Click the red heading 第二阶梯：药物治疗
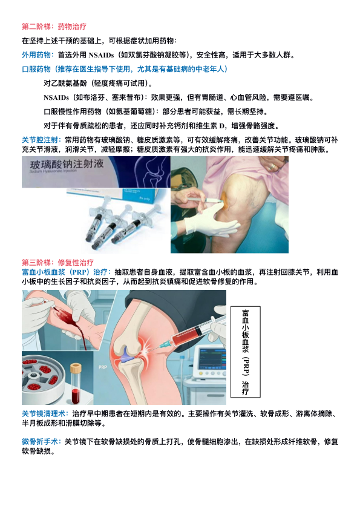[x=54, y=26]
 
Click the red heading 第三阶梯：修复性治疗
[x=57, y=262]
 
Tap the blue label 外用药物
[x=36, y=55]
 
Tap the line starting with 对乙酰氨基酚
[x=98, y=84]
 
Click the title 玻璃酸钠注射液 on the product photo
[x=67, y=164]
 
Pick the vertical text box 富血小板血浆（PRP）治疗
[x=246, y=352]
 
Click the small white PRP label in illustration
[x=103, y=367]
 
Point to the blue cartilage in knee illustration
[x=128, y=355]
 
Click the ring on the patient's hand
[x=273, y=166]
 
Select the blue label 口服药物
[x=36, y=69]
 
